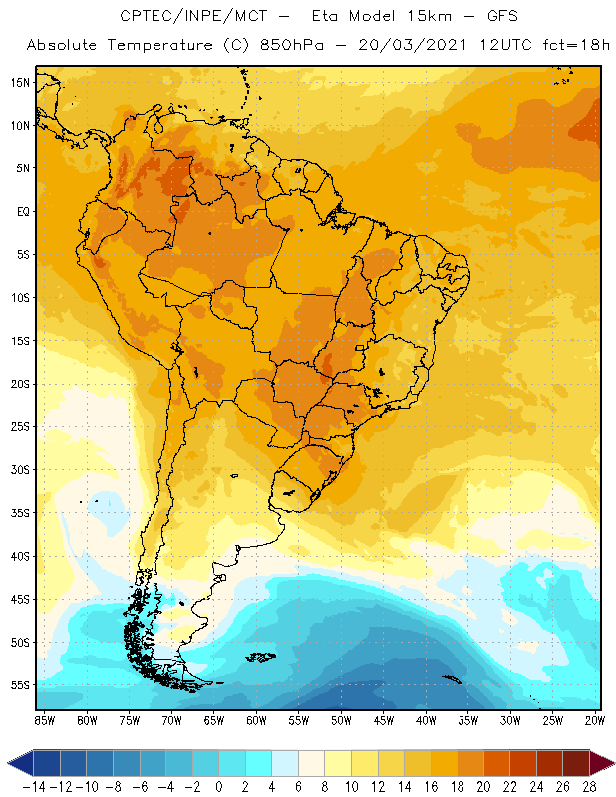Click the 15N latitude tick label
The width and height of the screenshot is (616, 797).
pyautogui.click(x=19, y=82)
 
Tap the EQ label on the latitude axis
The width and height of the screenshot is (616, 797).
pyautogui.click(x=21, y=211)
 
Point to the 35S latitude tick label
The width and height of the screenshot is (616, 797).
pyautogui.click(x=19, y=513)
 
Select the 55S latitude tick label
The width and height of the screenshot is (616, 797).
pyautogui.click(x=19, y=685)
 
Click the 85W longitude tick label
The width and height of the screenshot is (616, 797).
pyautogui.click(x=44, y=720)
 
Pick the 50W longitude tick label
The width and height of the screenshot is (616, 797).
pyautogui.click(x=341, y=720)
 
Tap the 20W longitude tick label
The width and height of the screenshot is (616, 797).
pyautogui.click(x=594, y=720)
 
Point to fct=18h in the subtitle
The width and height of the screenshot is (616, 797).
pyautogui.click(x=570, y=46)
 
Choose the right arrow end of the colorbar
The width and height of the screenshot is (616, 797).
pyautogui.click(x=604, y=763)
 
